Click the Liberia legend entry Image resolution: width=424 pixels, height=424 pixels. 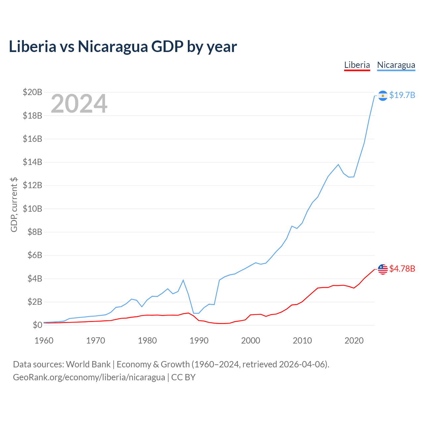pyautogui.click(x=357, y=65)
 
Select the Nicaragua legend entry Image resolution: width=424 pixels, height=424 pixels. pyautogui.click(x=396, y=65)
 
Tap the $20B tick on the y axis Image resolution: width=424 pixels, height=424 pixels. pyautogui.click(x=32, y=92)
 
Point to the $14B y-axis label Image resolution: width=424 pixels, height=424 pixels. pyautogui.click(x=32, y=162)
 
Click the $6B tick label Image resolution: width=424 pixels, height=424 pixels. pyautogui.click(x=35, y=255)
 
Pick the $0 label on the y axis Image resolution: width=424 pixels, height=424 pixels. pyautogui.click(x=37, y=325)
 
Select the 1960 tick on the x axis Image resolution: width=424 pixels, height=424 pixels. pyautogui.click(x=44, y=341)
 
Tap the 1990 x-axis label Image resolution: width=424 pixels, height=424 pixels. pyautogui.click(x=199, y=341)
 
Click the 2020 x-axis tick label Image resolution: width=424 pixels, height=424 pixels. pyautogui.click(x=354, y=341)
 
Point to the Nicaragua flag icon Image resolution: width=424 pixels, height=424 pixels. pyautogui.click(x=383, y=96)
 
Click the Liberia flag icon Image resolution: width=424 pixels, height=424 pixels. pyautogui.click(x=383, y=269)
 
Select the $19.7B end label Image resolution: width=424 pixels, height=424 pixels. pyautogui.click(x=402, y=95)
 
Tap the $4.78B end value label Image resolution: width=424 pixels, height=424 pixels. pyautogui.click(x=402, y=269)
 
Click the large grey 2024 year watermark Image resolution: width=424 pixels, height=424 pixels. pyautogui.click(x=79, y=103)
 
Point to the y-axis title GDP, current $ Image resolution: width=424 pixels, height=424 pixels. pyautogui.click(x=14, y=205)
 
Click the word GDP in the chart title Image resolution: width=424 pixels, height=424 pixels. pyautogui.click(x=167, y=46)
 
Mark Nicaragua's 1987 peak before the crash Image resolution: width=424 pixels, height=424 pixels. pyautogui.click(x=183, y=280)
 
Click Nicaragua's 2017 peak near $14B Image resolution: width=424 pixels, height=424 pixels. pyautogui.click(x=338, y=164)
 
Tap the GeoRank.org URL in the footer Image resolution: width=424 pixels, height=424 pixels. pyautogui.click(x=89, y=377)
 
